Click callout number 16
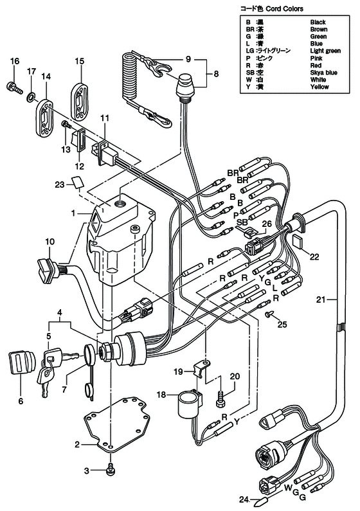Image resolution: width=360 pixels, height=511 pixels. click(14, 61)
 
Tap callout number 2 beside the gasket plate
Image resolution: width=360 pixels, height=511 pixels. click(76, 444)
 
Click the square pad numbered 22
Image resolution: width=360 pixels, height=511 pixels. click(298, 240)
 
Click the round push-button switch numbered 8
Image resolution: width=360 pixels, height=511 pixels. click(187, 84)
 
